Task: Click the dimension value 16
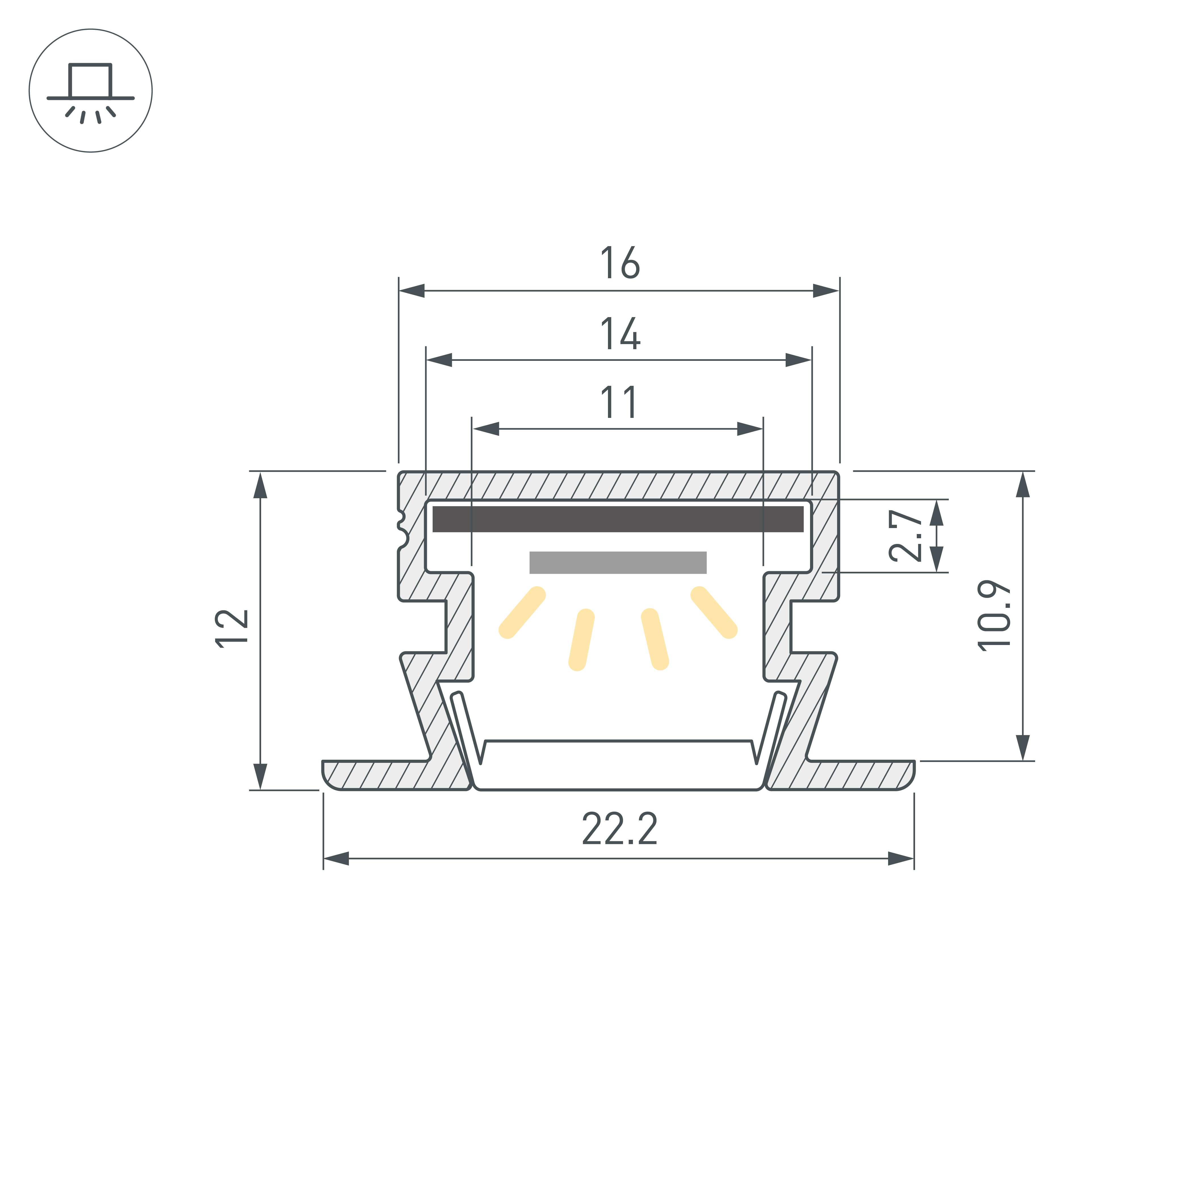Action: point(620,263)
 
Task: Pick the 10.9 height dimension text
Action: point(994,615)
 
